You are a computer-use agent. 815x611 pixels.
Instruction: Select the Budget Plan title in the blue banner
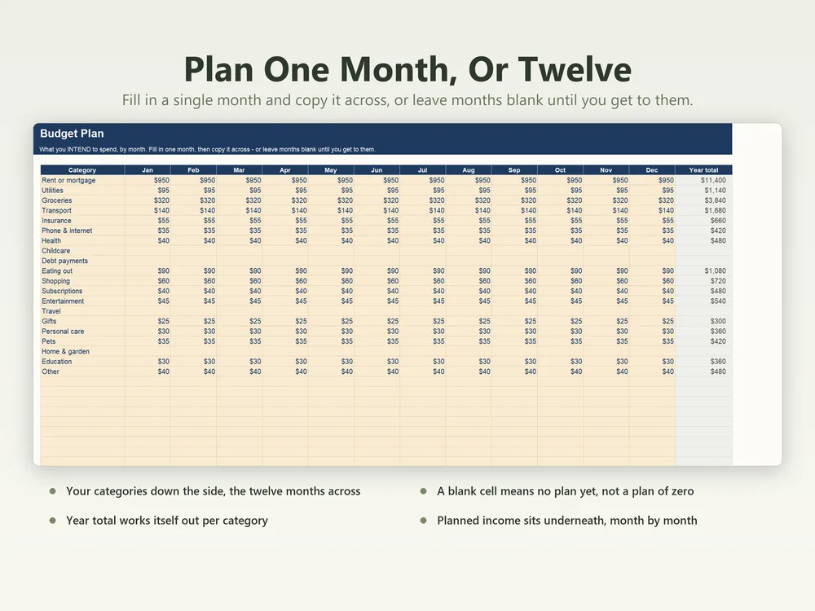tap(72, 134)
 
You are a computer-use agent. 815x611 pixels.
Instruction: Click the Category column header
tap(82, 170)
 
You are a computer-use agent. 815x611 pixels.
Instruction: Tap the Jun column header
tap(377, 170)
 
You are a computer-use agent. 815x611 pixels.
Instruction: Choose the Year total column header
tap(703, 170)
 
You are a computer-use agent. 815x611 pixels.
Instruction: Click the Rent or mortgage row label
tap(68, 180)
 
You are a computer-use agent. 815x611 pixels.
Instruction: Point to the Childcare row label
tap(55, 251)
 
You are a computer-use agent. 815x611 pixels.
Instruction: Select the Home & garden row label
tap(65, 352)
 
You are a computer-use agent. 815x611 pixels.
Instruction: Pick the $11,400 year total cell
tap(713, 180)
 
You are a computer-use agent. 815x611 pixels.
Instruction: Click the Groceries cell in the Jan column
tap(161, 200)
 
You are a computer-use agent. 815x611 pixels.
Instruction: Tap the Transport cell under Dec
tap(666, 210)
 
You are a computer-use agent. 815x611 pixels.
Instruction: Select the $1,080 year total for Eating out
tap(716, 270)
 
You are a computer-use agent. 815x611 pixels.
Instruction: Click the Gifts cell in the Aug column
tap(484, 321)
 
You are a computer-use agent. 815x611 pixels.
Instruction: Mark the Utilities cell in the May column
tap(346, 190)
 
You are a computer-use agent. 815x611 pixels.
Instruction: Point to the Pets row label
tap(48, 341)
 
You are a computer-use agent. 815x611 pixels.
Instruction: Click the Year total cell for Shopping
tap(718, 281)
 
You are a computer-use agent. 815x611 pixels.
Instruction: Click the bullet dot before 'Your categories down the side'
tap(52, 491)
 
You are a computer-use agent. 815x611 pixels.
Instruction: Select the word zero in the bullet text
tap(681, 491)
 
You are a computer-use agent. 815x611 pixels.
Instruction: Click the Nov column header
tap(606, 170)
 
